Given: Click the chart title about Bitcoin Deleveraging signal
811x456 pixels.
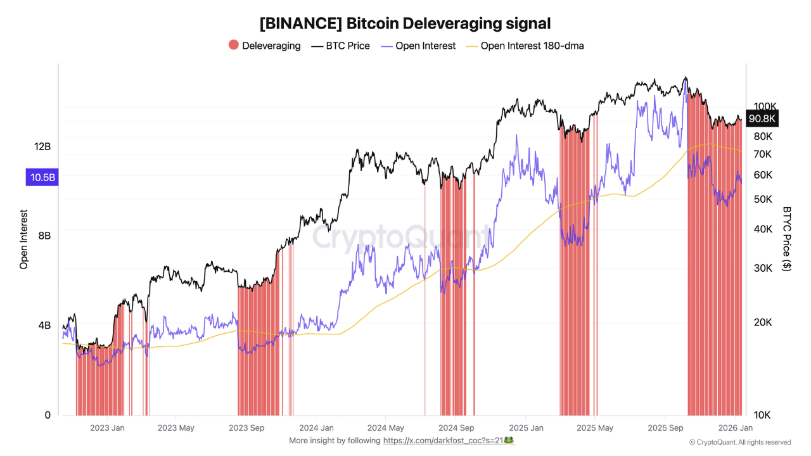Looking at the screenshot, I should pyautogui.click(x=405, y=23).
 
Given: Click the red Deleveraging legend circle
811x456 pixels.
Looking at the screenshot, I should pyautogui.click(x=234, y=46).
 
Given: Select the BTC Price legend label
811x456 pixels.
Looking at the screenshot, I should pyautogui.click(x=347, y=46).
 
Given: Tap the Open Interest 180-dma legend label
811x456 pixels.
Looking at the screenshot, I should pyautogui.click(x=532, y=46).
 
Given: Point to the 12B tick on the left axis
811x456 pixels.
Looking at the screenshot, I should pyautogui.click(x=42, y=146).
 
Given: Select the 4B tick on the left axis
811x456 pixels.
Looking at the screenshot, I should pyautogui.click(x=44, y=326).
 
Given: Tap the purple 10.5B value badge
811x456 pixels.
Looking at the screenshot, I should pyautogui.click(x=42, y=177).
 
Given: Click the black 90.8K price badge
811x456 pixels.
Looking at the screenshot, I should pyautogui.click(x=762, y=118).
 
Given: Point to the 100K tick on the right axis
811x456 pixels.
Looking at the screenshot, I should pyautogui.click(x=765, y=106).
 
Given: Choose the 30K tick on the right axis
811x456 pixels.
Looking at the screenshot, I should pyautogui.click(x=762, y=268).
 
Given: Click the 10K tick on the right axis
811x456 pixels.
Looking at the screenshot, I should pyautogui.click(x=762, y=415).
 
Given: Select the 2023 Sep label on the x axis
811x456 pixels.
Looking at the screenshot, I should pyautogui.click(x=247, y=428).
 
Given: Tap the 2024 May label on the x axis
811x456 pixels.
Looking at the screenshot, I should pyautogui.click(x=386, y=428).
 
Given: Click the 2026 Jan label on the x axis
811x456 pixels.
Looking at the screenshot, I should pyautogui.click(x=735, y=428).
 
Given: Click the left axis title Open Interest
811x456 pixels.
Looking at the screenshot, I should pyautogui.click(x=24, y=239).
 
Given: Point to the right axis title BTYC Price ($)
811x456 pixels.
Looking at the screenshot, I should pyautogui.click(x=787, y=239).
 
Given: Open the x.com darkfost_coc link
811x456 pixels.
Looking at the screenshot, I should pyautogui.click(x=449, y=441).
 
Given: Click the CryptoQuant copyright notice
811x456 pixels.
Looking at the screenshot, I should pyautogui.click(x=739, y=442).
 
